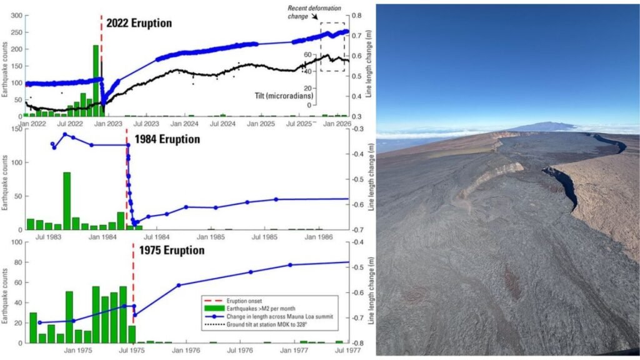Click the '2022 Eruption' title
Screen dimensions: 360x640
point(139,23)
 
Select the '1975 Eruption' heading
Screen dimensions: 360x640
point(172,250)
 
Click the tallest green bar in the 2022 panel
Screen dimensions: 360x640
point(96,81)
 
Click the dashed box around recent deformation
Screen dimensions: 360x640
point(332,47)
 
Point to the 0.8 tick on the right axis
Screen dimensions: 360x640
point(357,16)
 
